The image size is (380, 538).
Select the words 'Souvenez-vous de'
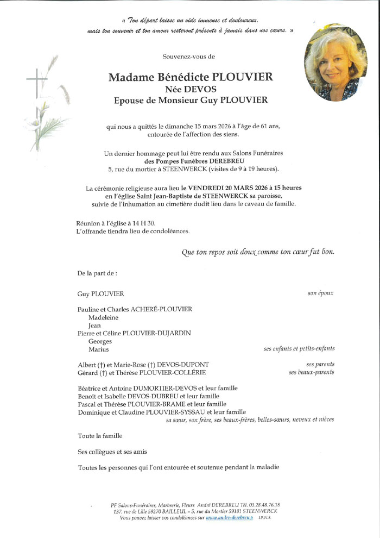click(x=188, y=57)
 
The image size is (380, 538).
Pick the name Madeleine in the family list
click(x=103, y=317)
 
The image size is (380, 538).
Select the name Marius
click(x=98, y=349)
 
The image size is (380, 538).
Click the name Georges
click(x=100, y=341)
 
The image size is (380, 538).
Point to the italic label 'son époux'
click(x=320, y=293)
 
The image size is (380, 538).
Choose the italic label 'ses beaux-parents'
click(x=312, y=372)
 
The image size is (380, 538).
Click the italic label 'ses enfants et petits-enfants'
click(x=299, y=349)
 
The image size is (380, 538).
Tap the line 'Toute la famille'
click(x=100, y=435)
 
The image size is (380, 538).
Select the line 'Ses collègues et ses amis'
click(x=112, y=452)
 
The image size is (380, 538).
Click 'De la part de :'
click(x=97, y=273)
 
